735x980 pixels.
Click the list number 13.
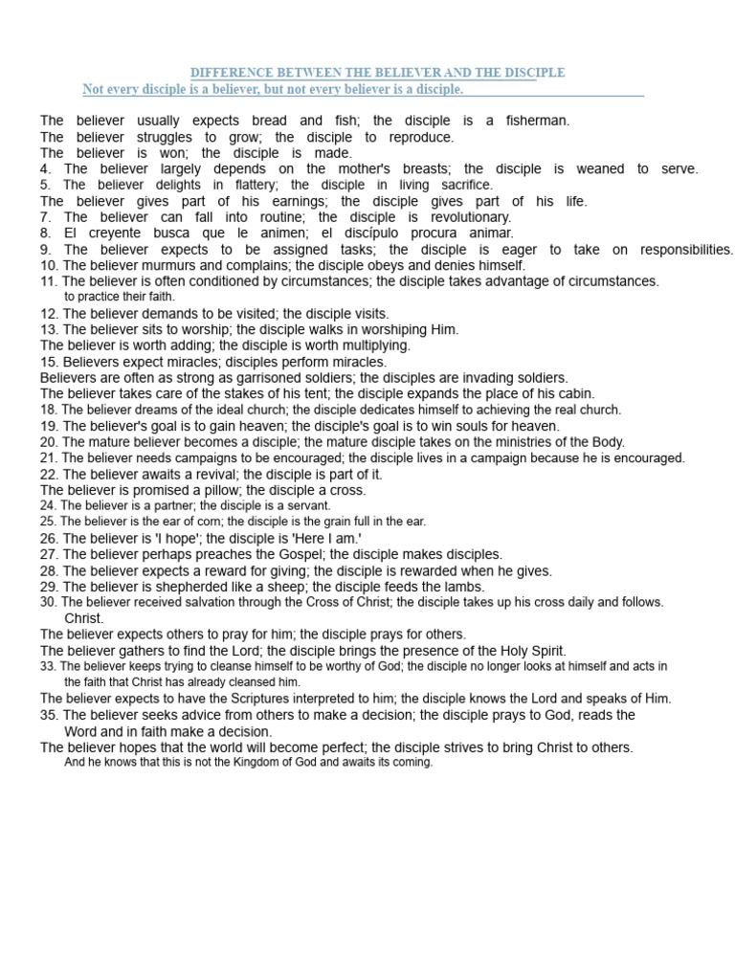(x=49, y=329)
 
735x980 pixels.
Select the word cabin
(x=576, y=393)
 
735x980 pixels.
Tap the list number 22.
(x=49, y=474)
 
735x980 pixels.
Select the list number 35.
(x=49, y=715)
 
